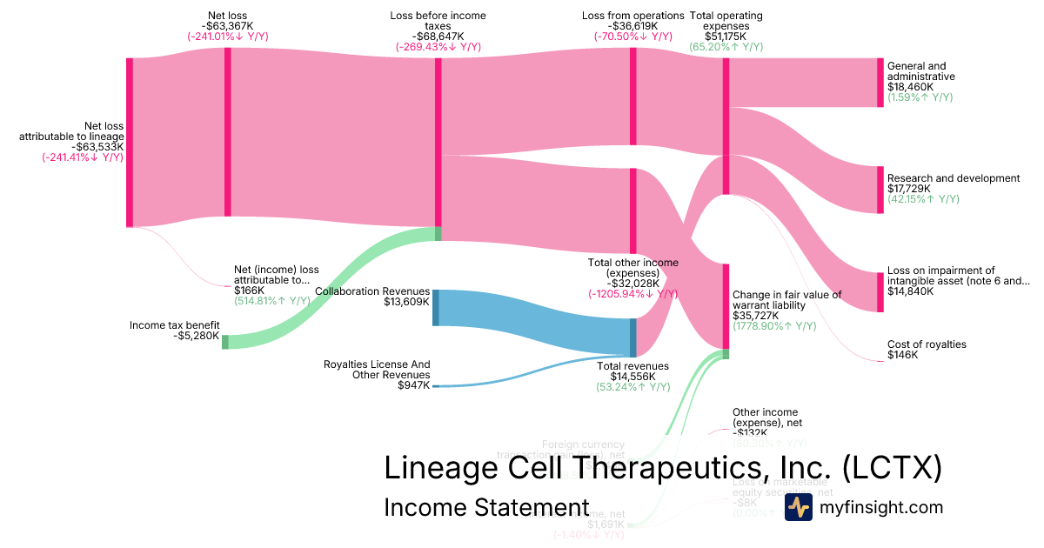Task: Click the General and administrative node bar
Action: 880,83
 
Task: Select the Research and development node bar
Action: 880,189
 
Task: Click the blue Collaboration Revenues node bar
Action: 436,308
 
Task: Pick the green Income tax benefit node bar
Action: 225,342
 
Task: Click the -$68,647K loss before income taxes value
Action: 438,37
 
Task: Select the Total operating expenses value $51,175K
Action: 726,37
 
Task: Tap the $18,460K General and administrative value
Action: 910,87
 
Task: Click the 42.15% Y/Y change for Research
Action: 923,199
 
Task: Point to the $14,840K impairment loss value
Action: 911,291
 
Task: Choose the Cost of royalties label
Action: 927,344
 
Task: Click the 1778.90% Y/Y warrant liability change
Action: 774,326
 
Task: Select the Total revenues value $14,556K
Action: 632,377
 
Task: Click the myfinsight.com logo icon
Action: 798,507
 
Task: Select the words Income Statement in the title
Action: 486,508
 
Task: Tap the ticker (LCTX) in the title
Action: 892,468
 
